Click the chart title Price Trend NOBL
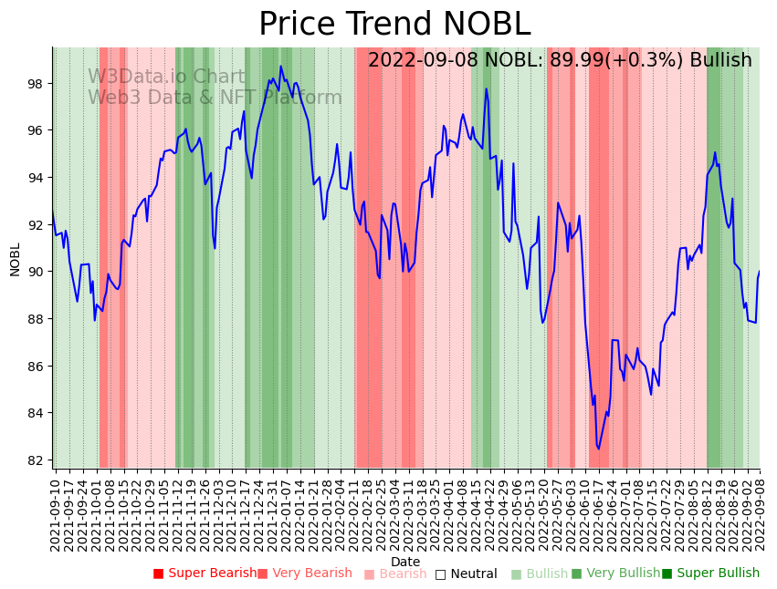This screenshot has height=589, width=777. pos(394,24)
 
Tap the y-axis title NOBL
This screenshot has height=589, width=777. pos(15,259)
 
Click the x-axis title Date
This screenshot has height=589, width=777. pos(405,562)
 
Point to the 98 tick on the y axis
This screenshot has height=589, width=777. pos(36,84)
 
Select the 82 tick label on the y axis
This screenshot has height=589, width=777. pos(36,460)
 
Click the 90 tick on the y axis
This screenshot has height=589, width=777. pos(36,272)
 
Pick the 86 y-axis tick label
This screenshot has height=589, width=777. pos(36,367)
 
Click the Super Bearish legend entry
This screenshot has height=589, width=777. pos(205,573)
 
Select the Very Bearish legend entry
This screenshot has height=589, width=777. pos(304,573)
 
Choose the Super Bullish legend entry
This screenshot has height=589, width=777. pos(710,573)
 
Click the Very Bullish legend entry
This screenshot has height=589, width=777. pos(615,573)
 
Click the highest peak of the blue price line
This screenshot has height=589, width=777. pos(281,67)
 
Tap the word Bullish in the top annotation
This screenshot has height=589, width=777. pos(720,60)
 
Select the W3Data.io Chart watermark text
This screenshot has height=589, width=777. pos(166,77)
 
